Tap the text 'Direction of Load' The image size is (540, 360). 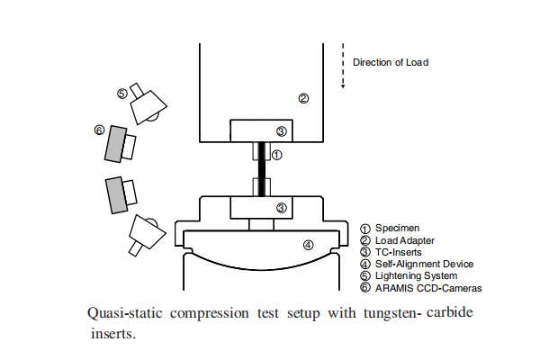390,62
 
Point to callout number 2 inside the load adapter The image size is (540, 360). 304,98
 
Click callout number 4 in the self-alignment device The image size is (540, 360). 308,244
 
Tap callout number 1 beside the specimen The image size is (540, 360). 277,155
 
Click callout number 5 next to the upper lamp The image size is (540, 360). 122,93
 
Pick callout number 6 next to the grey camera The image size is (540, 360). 99,130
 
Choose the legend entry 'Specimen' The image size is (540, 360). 394,229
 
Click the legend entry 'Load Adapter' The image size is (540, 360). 404,240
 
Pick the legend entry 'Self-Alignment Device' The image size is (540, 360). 424,264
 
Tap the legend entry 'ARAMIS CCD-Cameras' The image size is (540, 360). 428,288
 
